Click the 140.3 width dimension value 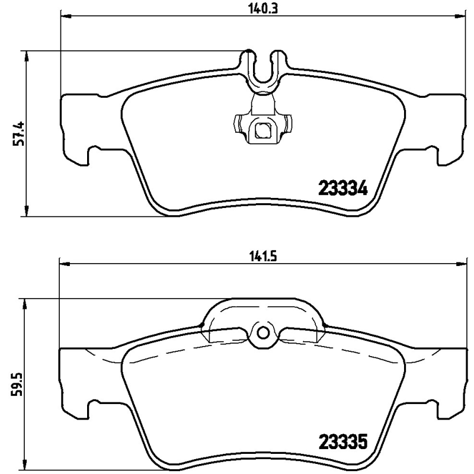[261, 8]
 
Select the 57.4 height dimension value [19, 133]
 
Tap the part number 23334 [344, 189]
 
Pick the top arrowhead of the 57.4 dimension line [27, 55]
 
